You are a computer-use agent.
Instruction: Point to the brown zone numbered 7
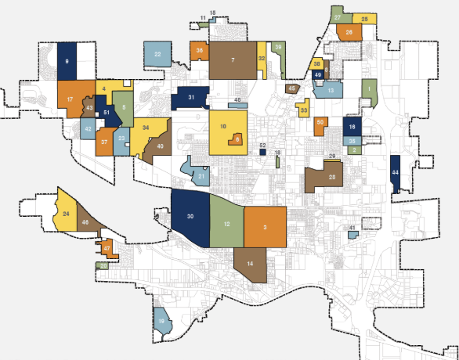(x=233, y=59)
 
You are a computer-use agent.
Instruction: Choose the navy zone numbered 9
(x=67, y=60)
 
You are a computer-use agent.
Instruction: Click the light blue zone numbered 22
(x=157, y=54)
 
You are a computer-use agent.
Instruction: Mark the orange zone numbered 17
(x=70, y=99)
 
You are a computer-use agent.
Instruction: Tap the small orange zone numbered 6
(x=237, y=139)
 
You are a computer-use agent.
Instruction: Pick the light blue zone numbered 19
(x=162, y=322)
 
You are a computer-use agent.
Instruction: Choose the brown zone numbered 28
(x=332, y=178)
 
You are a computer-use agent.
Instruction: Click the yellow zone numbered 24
(x=66, y=213)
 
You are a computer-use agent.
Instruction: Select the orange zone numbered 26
(x=349, y=32)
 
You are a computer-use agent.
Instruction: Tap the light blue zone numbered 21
(x=201, y=176)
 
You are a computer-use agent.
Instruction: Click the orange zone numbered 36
(x=199, y=50)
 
